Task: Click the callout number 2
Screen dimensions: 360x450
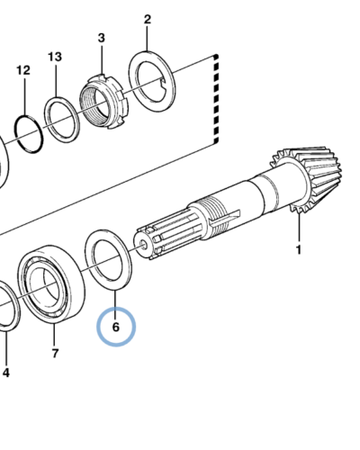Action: [148, 20]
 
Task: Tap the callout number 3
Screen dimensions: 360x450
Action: [102, 38]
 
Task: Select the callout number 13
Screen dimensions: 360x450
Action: [55, 57]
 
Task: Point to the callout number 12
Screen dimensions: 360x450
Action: [23, 70]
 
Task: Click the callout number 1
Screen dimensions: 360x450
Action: [299, 250]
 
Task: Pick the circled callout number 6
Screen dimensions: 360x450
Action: [116, 327]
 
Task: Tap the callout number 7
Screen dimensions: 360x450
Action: [55, 354]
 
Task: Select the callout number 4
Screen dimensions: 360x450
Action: [6, 373]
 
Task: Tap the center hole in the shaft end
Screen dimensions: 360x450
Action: [143, 245]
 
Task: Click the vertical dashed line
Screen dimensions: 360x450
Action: [216, 99]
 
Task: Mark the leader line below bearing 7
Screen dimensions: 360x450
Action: [55, 335]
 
